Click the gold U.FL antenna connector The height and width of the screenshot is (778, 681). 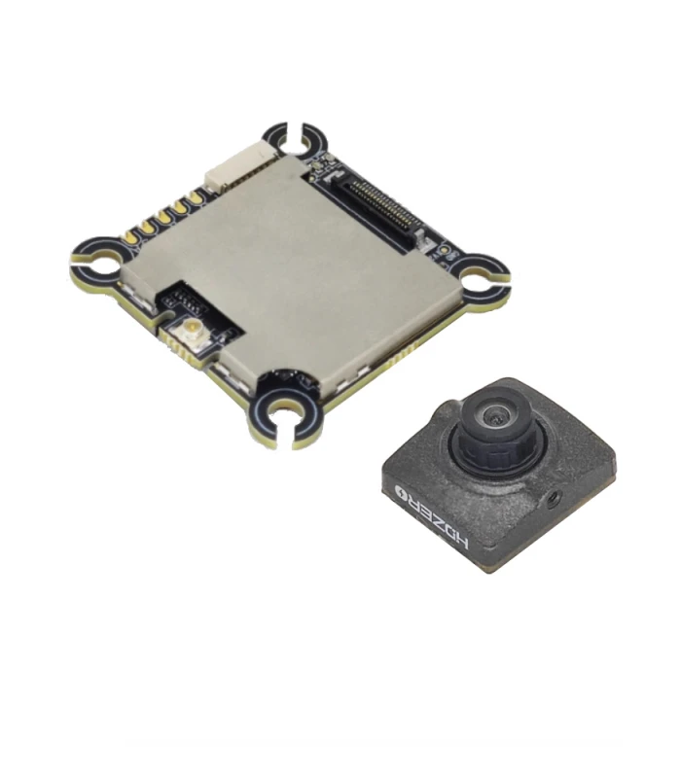(x=190, y=328)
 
